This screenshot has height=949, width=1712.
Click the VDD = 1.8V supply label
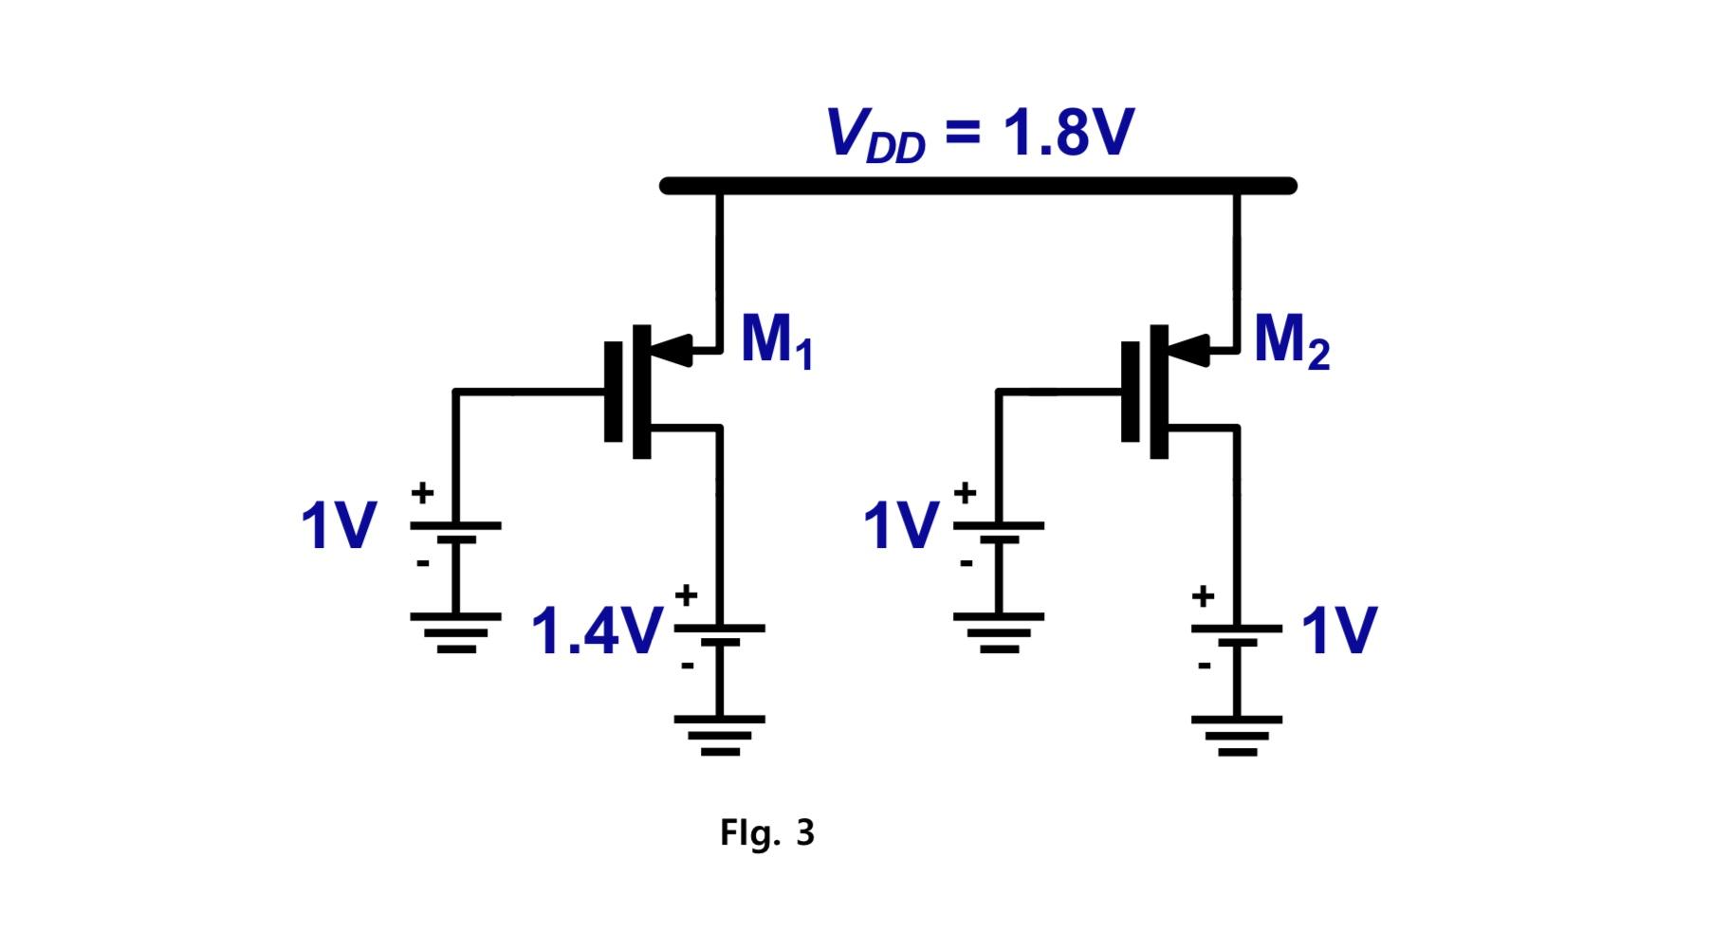pyautogui.click(x=979, y=134)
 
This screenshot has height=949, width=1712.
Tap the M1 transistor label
pyautogui.click(x=776, y=340)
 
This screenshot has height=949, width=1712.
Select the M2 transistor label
pyautogui.click(x=1290, y=340)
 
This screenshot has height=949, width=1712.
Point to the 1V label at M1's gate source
pyautogui.click(x=339, y=526)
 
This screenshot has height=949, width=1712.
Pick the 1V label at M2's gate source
pyautogui.click(x=901, y=526)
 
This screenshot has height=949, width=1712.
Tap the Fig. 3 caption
pyautogui.click(x=766, y=833)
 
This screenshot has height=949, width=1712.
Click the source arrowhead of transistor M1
pyautogui.click(x=675, y=351)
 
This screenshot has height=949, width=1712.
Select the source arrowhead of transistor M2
pyautogui.click(x=1191, y=351)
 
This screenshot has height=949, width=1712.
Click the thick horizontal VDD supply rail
pyautogui.click(x=977, y=186)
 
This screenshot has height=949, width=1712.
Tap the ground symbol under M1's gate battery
pyautogui.click(x=456, y=632)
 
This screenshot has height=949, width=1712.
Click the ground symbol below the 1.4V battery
pyautogui.click(x=720, y=736)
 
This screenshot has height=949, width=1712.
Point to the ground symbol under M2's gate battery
pyautogui.click(x=999, y=632)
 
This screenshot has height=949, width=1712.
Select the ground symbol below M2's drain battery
pyautogui.click(x=1237, y=736)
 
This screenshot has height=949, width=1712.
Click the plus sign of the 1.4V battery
pyautogui.click(x=686, y=595)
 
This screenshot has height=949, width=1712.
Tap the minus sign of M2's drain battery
pyautogui.click(x=1204, y=666)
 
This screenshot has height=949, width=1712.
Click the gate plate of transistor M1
pyautogui.click(x=614, y=392)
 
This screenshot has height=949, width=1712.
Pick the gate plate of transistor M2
pyautogui.click(x=1130, y=392)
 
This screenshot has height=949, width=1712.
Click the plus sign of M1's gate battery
pyautogui.click(x=423, y=492)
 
